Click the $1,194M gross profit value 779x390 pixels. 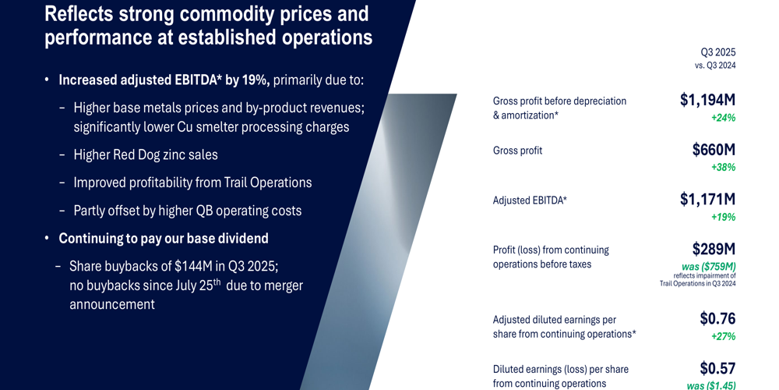point(707,100)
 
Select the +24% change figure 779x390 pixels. point(723,118)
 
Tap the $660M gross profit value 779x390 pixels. point(714,150)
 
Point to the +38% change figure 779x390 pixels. point(723,167)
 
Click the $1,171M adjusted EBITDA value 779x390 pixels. point(707,200)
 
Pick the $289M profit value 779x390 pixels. point(714,250)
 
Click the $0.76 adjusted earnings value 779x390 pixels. point(717,318)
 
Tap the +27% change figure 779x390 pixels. point(723,336)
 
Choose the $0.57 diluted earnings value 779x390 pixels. point(717,368)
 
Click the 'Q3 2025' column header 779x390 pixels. point(717,52)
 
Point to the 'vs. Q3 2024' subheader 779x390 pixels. point(714,66)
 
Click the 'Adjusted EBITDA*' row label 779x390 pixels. point(530,200)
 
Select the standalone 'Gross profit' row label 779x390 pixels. point(517,151)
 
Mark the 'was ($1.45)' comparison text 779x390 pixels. point(710,385)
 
